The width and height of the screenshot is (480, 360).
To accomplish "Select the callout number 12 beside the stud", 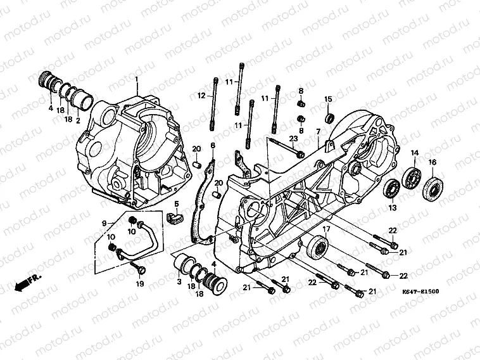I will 201,96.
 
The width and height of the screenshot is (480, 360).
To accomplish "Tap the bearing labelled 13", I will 393,188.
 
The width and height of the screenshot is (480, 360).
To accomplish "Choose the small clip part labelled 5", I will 174,216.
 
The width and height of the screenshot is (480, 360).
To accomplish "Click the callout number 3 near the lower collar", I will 179,281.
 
